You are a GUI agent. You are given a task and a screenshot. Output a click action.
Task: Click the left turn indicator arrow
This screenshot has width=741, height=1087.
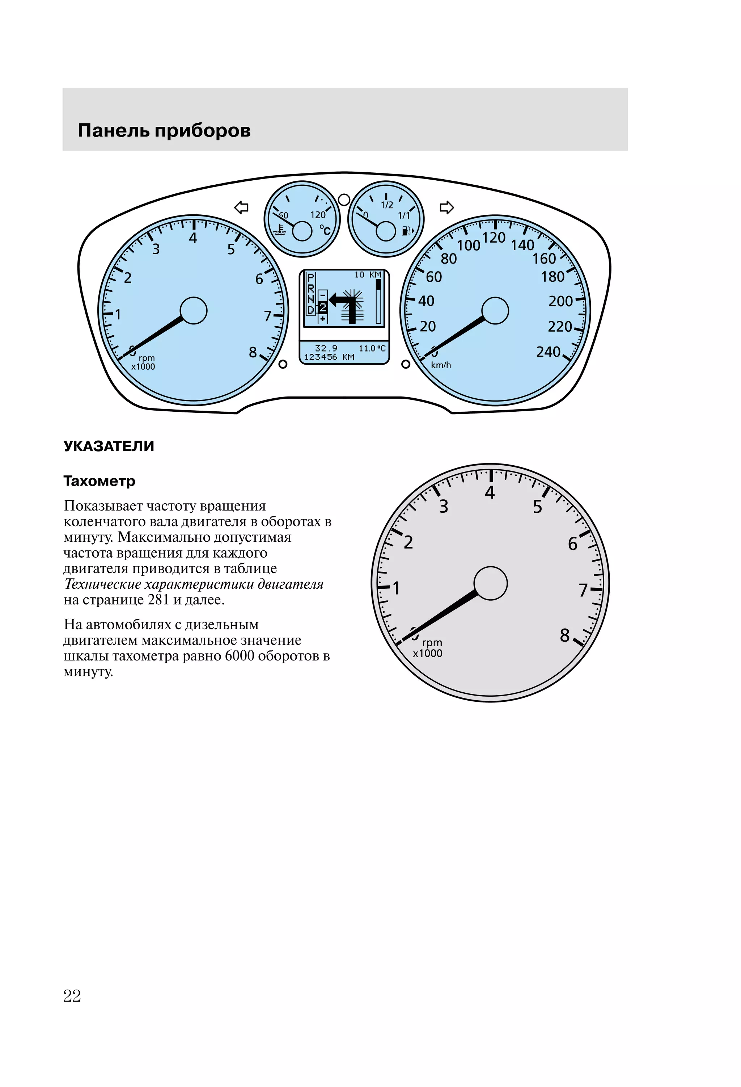241,207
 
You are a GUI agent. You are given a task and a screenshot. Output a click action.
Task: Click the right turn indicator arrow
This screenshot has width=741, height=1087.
446,207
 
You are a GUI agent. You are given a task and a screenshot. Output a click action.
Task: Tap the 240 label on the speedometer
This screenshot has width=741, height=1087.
548,352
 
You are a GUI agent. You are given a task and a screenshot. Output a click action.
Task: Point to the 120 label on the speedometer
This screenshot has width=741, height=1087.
494,238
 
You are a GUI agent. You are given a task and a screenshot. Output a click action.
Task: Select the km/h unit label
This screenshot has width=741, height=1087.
441,365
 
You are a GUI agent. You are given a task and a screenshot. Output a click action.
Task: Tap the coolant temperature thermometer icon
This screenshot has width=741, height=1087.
280,230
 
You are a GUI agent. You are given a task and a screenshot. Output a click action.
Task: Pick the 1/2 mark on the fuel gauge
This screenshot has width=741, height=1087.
387,205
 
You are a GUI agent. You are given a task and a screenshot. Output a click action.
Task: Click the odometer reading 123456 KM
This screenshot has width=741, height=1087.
329,357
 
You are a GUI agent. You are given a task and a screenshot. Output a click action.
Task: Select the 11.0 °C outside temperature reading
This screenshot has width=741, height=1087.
372,348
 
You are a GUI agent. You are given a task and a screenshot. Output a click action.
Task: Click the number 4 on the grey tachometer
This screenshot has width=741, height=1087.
490,492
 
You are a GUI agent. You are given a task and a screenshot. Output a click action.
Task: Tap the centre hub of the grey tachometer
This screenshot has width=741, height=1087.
490,583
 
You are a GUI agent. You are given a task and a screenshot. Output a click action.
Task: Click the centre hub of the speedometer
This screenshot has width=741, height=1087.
495,311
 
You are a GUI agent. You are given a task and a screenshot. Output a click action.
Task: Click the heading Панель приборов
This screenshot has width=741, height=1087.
164,130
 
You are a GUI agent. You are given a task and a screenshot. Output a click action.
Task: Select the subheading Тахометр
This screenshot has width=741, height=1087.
99,481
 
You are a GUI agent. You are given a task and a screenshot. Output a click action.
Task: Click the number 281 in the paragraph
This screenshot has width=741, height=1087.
158,600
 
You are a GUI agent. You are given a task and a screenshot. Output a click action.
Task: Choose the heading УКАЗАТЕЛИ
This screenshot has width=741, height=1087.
109,446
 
